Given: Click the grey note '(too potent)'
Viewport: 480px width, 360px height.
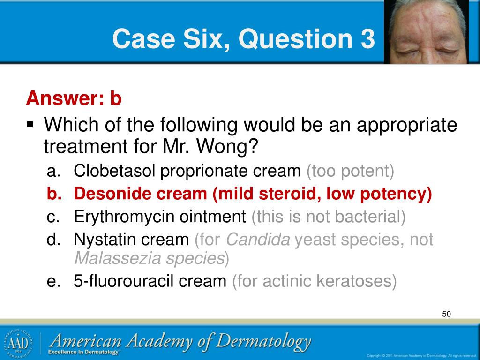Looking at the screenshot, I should point(351,171).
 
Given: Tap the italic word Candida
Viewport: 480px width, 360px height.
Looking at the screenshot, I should point(258,240).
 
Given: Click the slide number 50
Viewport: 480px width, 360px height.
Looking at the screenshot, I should point(446,314).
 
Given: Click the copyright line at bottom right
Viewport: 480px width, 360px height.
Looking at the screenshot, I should point(421,355).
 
